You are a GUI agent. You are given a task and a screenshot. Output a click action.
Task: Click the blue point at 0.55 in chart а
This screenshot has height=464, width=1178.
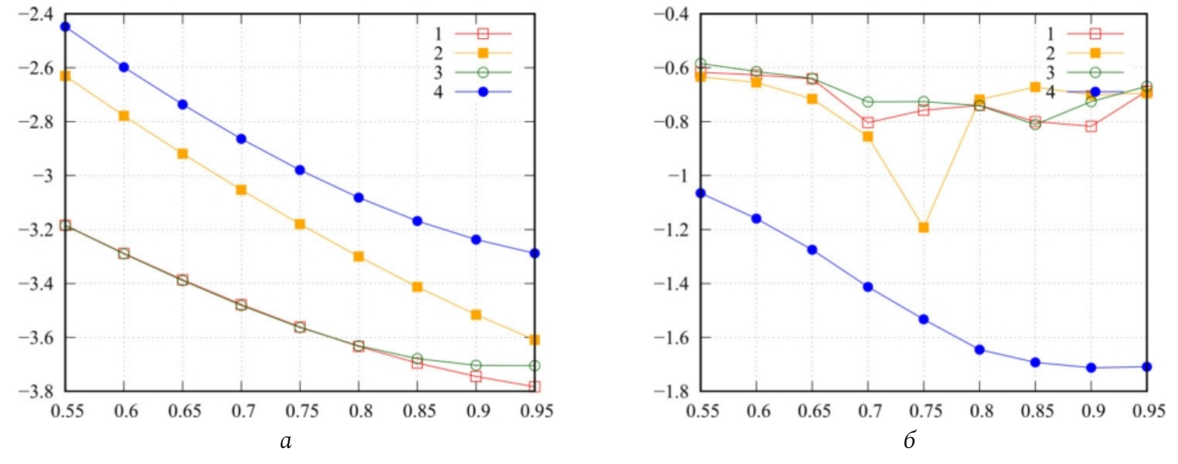[65, 27]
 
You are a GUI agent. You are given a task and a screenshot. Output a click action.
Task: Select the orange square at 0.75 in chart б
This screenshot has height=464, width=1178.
[923, 228]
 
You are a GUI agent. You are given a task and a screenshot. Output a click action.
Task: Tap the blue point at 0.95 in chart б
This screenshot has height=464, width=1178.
[1146, 367]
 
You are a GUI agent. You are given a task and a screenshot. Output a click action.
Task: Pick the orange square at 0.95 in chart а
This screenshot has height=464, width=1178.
[535, 340]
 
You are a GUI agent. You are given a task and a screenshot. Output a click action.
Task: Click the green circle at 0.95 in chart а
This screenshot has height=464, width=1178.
[535, 366]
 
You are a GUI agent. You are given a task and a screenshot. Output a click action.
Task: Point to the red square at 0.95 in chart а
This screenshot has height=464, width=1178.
[535, 386]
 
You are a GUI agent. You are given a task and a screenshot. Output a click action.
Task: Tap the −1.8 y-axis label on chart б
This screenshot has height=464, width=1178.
[671, 391]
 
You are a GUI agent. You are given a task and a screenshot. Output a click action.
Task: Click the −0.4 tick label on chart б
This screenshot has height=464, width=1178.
[671, 14]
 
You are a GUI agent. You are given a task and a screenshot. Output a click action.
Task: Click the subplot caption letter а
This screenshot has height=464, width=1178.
[285, 441]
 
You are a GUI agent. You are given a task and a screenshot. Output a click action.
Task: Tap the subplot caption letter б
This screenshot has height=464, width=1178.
[910, 440]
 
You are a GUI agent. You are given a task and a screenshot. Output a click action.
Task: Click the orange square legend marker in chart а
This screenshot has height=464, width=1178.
[483, 53]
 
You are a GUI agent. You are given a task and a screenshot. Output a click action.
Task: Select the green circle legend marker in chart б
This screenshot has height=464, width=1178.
[1095, 73]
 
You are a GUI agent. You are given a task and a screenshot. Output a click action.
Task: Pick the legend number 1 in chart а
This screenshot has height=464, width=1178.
[438, 34]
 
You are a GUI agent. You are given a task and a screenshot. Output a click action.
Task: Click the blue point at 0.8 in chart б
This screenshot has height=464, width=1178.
[979, 350]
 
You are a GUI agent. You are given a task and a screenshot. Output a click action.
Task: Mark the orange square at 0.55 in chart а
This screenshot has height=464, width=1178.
[65, 76]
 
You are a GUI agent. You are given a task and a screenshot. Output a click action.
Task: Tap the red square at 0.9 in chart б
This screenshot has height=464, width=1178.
[1091, 126]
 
